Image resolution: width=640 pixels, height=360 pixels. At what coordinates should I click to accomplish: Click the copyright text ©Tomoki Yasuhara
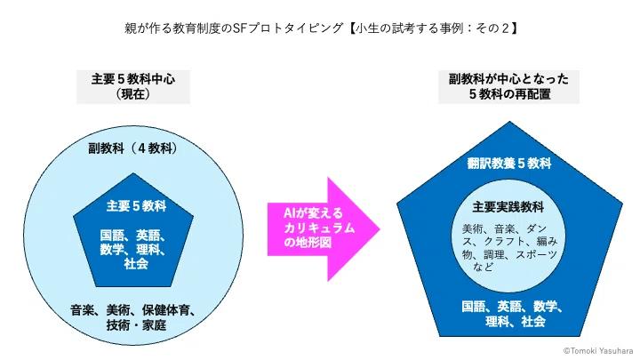(598, 350)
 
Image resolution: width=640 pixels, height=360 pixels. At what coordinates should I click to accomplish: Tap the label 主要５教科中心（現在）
(133, 86)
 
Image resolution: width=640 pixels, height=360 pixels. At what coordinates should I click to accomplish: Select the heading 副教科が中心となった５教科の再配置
(508, 86)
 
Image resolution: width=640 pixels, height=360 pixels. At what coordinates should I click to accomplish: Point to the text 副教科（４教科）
(133, 148)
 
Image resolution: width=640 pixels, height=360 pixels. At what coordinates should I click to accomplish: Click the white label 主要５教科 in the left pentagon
(136, 206)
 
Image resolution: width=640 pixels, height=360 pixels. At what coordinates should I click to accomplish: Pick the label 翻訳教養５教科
(509, 164)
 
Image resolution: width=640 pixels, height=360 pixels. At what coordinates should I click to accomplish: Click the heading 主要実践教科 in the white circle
(508, 207)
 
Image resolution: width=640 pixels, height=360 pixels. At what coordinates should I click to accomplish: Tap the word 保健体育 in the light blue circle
(166, 310)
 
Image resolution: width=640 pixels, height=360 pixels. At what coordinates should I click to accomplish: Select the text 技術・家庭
(136, 325)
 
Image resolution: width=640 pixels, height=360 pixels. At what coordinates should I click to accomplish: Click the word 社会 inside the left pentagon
(136, 264)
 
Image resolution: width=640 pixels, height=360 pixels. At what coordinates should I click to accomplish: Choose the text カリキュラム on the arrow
(319, 228)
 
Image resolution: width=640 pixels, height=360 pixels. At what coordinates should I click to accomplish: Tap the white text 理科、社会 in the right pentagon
(515, 322)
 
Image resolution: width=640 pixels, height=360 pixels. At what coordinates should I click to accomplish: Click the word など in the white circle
(484, 268)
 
